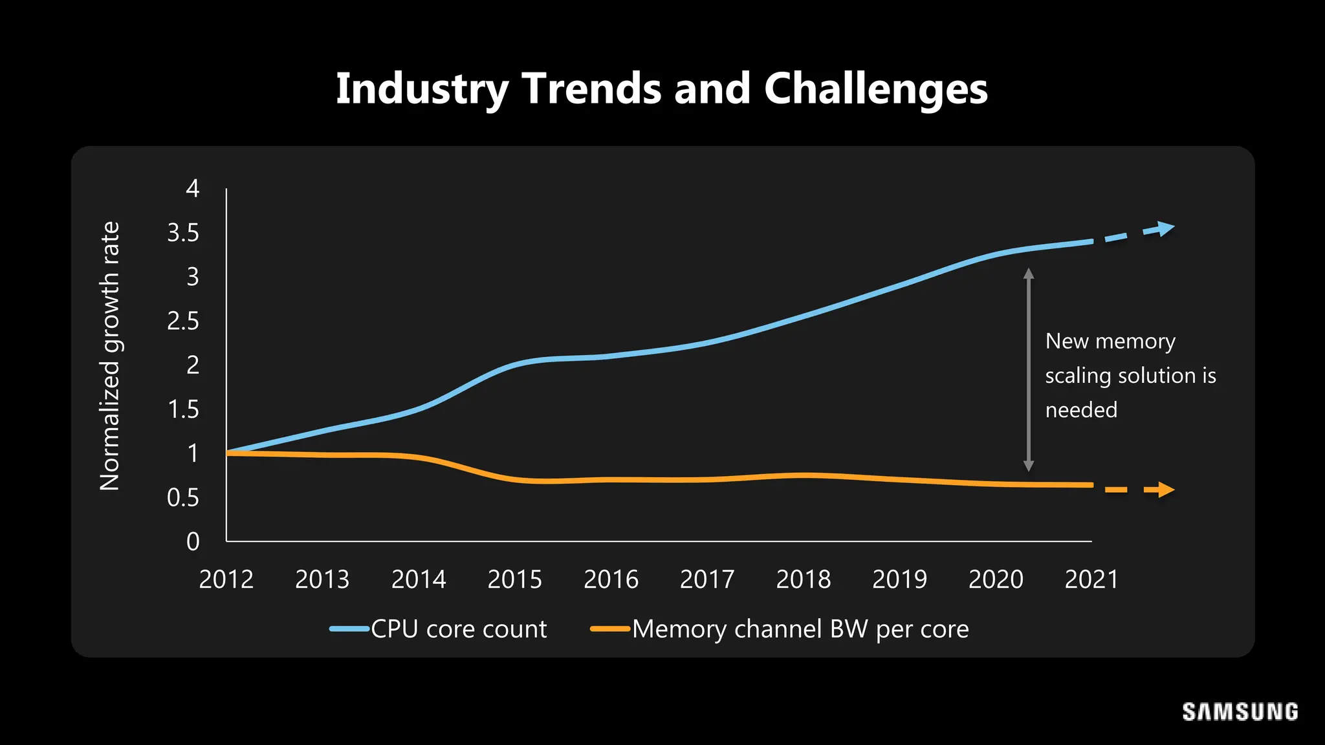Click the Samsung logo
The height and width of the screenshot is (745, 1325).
[x=1240, y=712]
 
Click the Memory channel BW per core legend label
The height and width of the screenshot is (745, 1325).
[x=800, y=629]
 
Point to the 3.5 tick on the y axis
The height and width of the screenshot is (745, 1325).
[x=183, y=233]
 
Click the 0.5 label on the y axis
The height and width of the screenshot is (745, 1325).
[x=183, y=498]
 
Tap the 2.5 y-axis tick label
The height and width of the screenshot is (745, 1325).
[x=183, y=321]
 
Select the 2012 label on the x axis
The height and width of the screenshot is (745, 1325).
[x=226, y=579]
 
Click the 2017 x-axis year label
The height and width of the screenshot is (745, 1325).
[x=707, y=579]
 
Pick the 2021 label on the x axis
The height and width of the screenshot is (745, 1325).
[x=1091, y=579]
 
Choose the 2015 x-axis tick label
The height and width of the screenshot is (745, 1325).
[x=514, y=579]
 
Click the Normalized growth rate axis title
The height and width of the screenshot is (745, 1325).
[x=110, y=356]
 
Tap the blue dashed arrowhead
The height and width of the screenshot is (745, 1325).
[x=1166, y=228]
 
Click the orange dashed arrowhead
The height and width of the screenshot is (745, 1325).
[x=1166, y=490]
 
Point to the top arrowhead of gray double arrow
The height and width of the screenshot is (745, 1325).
[x=1029, y=274]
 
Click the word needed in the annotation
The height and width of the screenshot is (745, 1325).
[x=1081, y=410]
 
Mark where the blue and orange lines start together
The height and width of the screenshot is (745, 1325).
[x=228, y=453]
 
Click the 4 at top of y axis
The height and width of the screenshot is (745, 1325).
[x=192, y=189]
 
